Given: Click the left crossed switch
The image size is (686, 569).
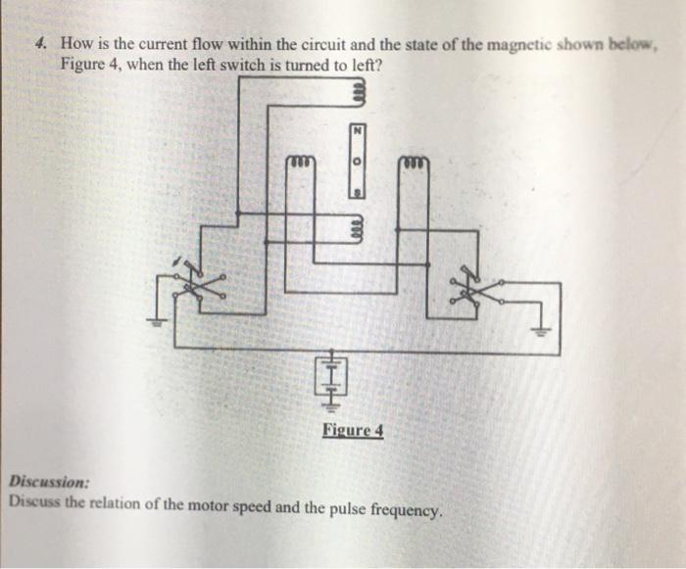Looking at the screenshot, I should coord(198,284).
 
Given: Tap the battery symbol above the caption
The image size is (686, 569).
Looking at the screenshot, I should coord(331,376).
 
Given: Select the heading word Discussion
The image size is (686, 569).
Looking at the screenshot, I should coord(50,482).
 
